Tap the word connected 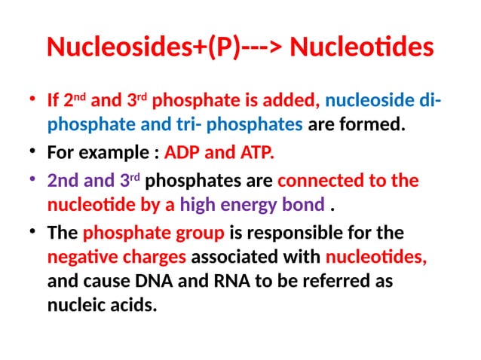(316, 182)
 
